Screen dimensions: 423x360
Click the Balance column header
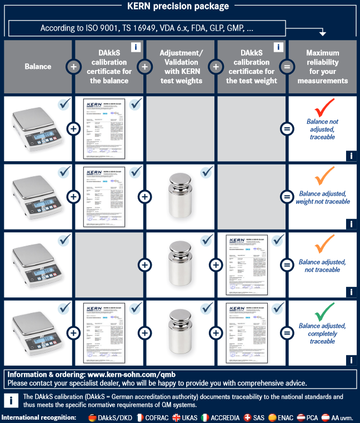point(38,67)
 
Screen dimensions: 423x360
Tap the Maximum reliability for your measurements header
point(323,67)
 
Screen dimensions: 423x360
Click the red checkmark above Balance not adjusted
point(323,107)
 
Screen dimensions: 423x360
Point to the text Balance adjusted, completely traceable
point(322,334)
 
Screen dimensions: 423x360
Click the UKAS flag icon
point(177,417)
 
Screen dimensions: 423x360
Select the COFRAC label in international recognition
point(158,417)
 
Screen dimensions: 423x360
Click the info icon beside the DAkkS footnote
point(11,401)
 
